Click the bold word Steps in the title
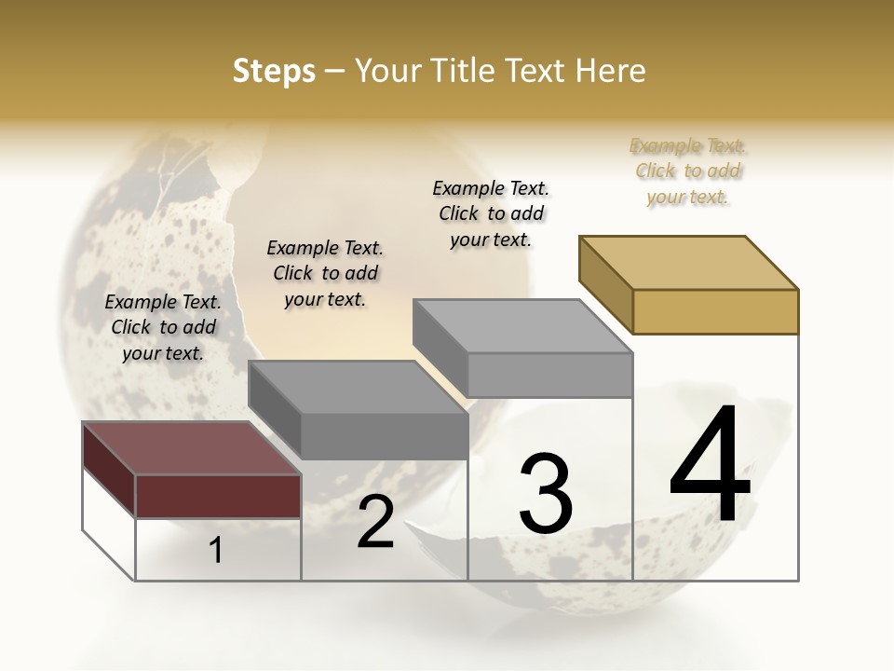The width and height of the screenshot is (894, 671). (274, 71)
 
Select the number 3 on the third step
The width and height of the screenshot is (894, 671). (546, 493)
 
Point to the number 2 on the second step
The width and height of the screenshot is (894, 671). (375, 523)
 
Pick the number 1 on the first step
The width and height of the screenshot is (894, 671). (216, 551)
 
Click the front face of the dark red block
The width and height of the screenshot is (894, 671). (218, 496)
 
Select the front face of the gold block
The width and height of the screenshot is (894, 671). (715, 311)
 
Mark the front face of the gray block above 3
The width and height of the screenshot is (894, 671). (549, 375)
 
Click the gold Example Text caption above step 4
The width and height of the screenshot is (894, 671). (687, 171)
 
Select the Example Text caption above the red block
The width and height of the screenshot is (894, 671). (163, 327)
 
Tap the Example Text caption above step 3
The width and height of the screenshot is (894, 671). (491, 213)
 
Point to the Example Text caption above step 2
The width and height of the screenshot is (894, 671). (325, 273)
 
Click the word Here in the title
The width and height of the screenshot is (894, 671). (611, 71)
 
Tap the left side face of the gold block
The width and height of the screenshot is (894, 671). (605, 283)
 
